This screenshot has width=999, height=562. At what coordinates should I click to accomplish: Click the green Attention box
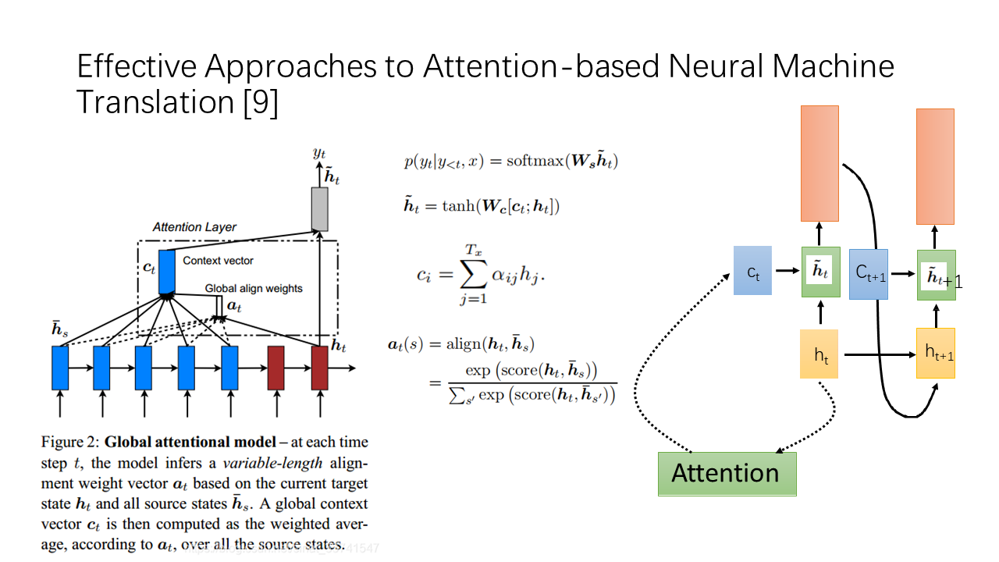coord(727,474)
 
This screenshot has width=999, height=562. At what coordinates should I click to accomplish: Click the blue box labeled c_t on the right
coord(752,271)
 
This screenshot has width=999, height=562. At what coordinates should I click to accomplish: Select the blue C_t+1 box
coord(869,274)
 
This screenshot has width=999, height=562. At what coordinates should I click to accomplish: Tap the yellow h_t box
coord(819,354)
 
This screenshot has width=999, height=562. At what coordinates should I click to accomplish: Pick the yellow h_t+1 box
coord(936,354)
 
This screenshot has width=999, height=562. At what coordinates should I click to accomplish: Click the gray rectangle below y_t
coord(319,209)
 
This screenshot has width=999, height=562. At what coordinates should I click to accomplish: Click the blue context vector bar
coord(167,272)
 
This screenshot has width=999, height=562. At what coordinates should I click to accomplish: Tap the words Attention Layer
coord(194,227)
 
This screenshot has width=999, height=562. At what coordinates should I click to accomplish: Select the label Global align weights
coord(254,289)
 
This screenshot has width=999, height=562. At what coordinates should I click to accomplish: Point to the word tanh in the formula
coord(458,206)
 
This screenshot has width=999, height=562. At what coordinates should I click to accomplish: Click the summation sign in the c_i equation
coord(473,274)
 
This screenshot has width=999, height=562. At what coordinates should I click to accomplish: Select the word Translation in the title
coord(155,102)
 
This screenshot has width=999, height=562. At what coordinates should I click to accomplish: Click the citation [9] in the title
coord(261,103)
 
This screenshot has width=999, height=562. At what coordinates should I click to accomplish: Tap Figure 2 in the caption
coord(69,442)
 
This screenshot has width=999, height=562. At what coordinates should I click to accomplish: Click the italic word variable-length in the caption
coord(273,463)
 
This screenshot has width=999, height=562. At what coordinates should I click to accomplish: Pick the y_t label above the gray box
coord(319,154)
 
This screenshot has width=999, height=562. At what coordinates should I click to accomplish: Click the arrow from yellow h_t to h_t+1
coord(880,354)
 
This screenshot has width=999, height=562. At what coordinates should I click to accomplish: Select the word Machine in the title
coord(833,66)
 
